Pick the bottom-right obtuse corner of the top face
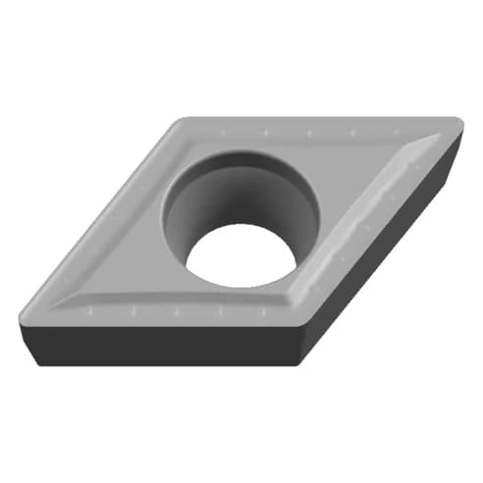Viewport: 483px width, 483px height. pyautogui.click(x=300, y=320)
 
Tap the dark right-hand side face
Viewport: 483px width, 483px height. pyautogui.click(x=393, y=245)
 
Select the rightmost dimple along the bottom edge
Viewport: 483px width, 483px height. pyautogui.click(x=264, y=313)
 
